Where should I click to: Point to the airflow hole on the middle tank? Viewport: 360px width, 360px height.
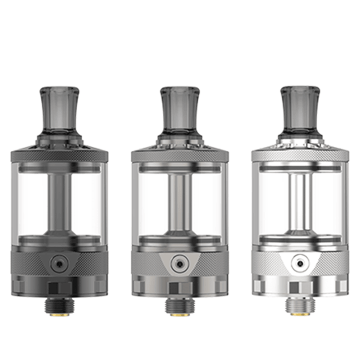point(179,264)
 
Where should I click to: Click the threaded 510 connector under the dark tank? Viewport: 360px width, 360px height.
point(59,306)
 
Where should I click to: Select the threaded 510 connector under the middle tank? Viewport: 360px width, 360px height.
point(179,306)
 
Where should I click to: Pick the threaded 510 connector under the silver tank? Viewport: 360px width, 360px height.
point(300,306)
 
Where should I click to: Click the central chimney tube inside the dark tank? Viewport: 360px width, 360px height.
point(59,200)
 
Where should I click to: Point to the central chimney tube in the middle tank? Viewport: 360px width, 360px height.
point(179,200)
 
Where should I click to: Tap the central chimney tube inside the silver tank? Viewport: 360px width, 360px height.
point(300,200)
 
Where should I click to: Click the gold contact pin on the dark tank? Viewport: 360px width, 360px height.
point(59,314)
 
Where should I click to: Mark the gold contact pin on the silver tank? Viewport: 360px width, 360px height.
point(300,314)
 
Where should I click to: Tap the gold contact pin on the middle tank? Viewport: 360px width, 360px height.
point(179,314)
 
